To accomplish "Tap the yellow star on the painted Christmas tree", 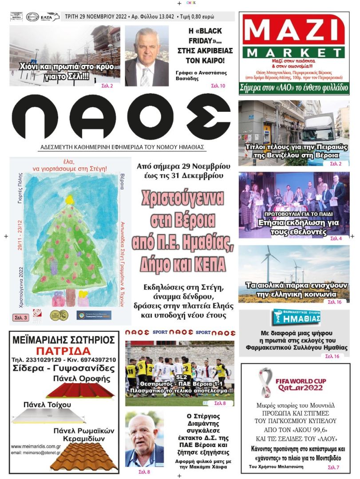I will click(69, 200).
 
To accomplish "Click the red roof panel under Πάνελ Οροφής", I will click(80, 391).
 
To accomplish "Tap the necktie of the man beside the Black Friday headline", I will click(145, 76).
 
